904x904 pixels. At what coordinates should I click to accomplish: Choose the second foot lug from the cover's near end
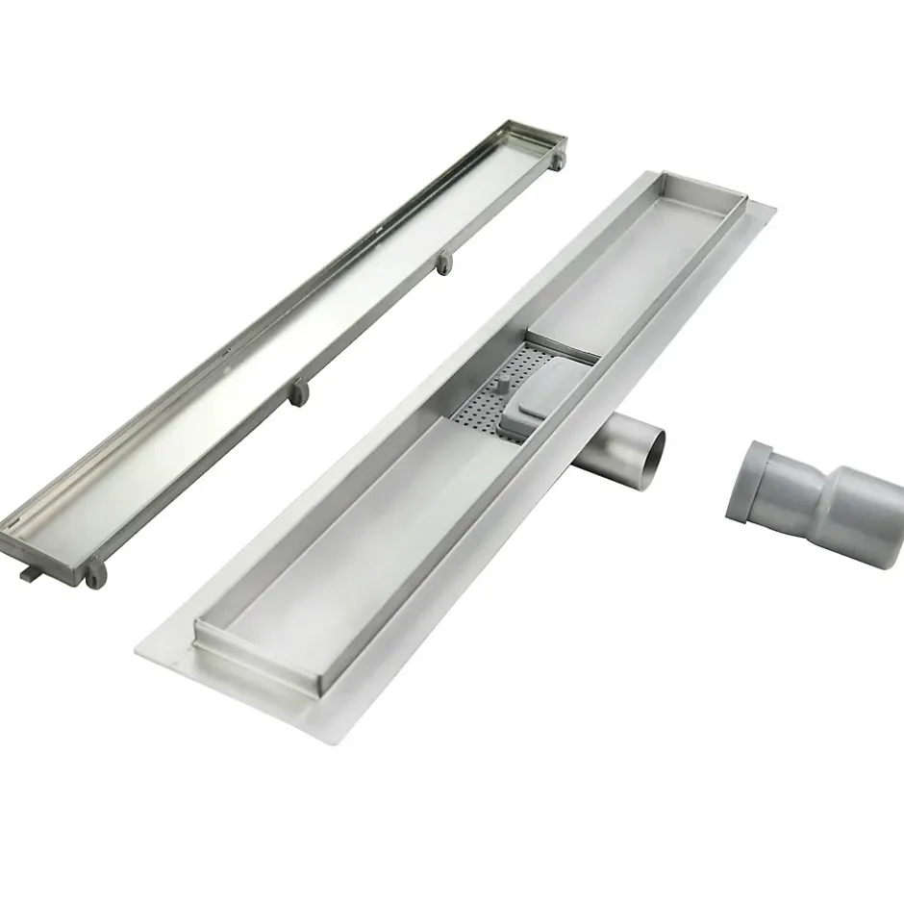click(300, 393)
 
